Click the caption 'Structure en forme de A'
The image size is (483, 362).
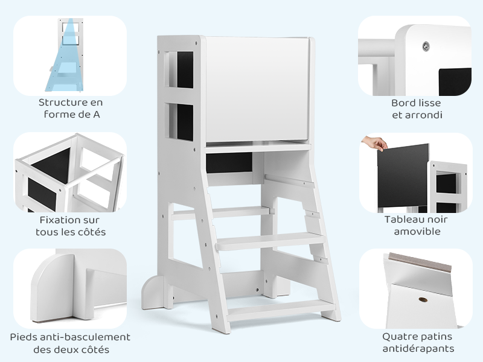click(70, 109)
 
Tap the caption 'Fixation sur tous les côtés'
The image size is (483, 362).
click(70, 226)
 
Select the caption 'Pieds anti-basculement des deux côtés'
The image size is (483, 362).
click(70, 343)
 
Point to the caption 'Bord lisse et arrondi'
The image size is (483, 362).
click(417, 109)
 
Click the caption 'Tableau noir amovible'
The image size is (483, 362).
click(417, 225)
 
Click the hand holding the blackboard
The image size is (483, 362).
click(375, 144)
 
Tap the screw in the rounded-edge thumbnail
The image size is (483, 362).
click(426, 45)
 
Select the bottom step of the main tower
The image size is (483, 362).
click(281, 309)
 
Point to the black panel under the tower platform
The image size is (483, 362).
click(229, 162)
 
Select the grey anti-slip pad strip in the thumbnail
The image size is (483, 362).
click(419, 262)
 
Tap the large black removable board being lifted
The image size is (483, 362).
click(402, 175)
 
